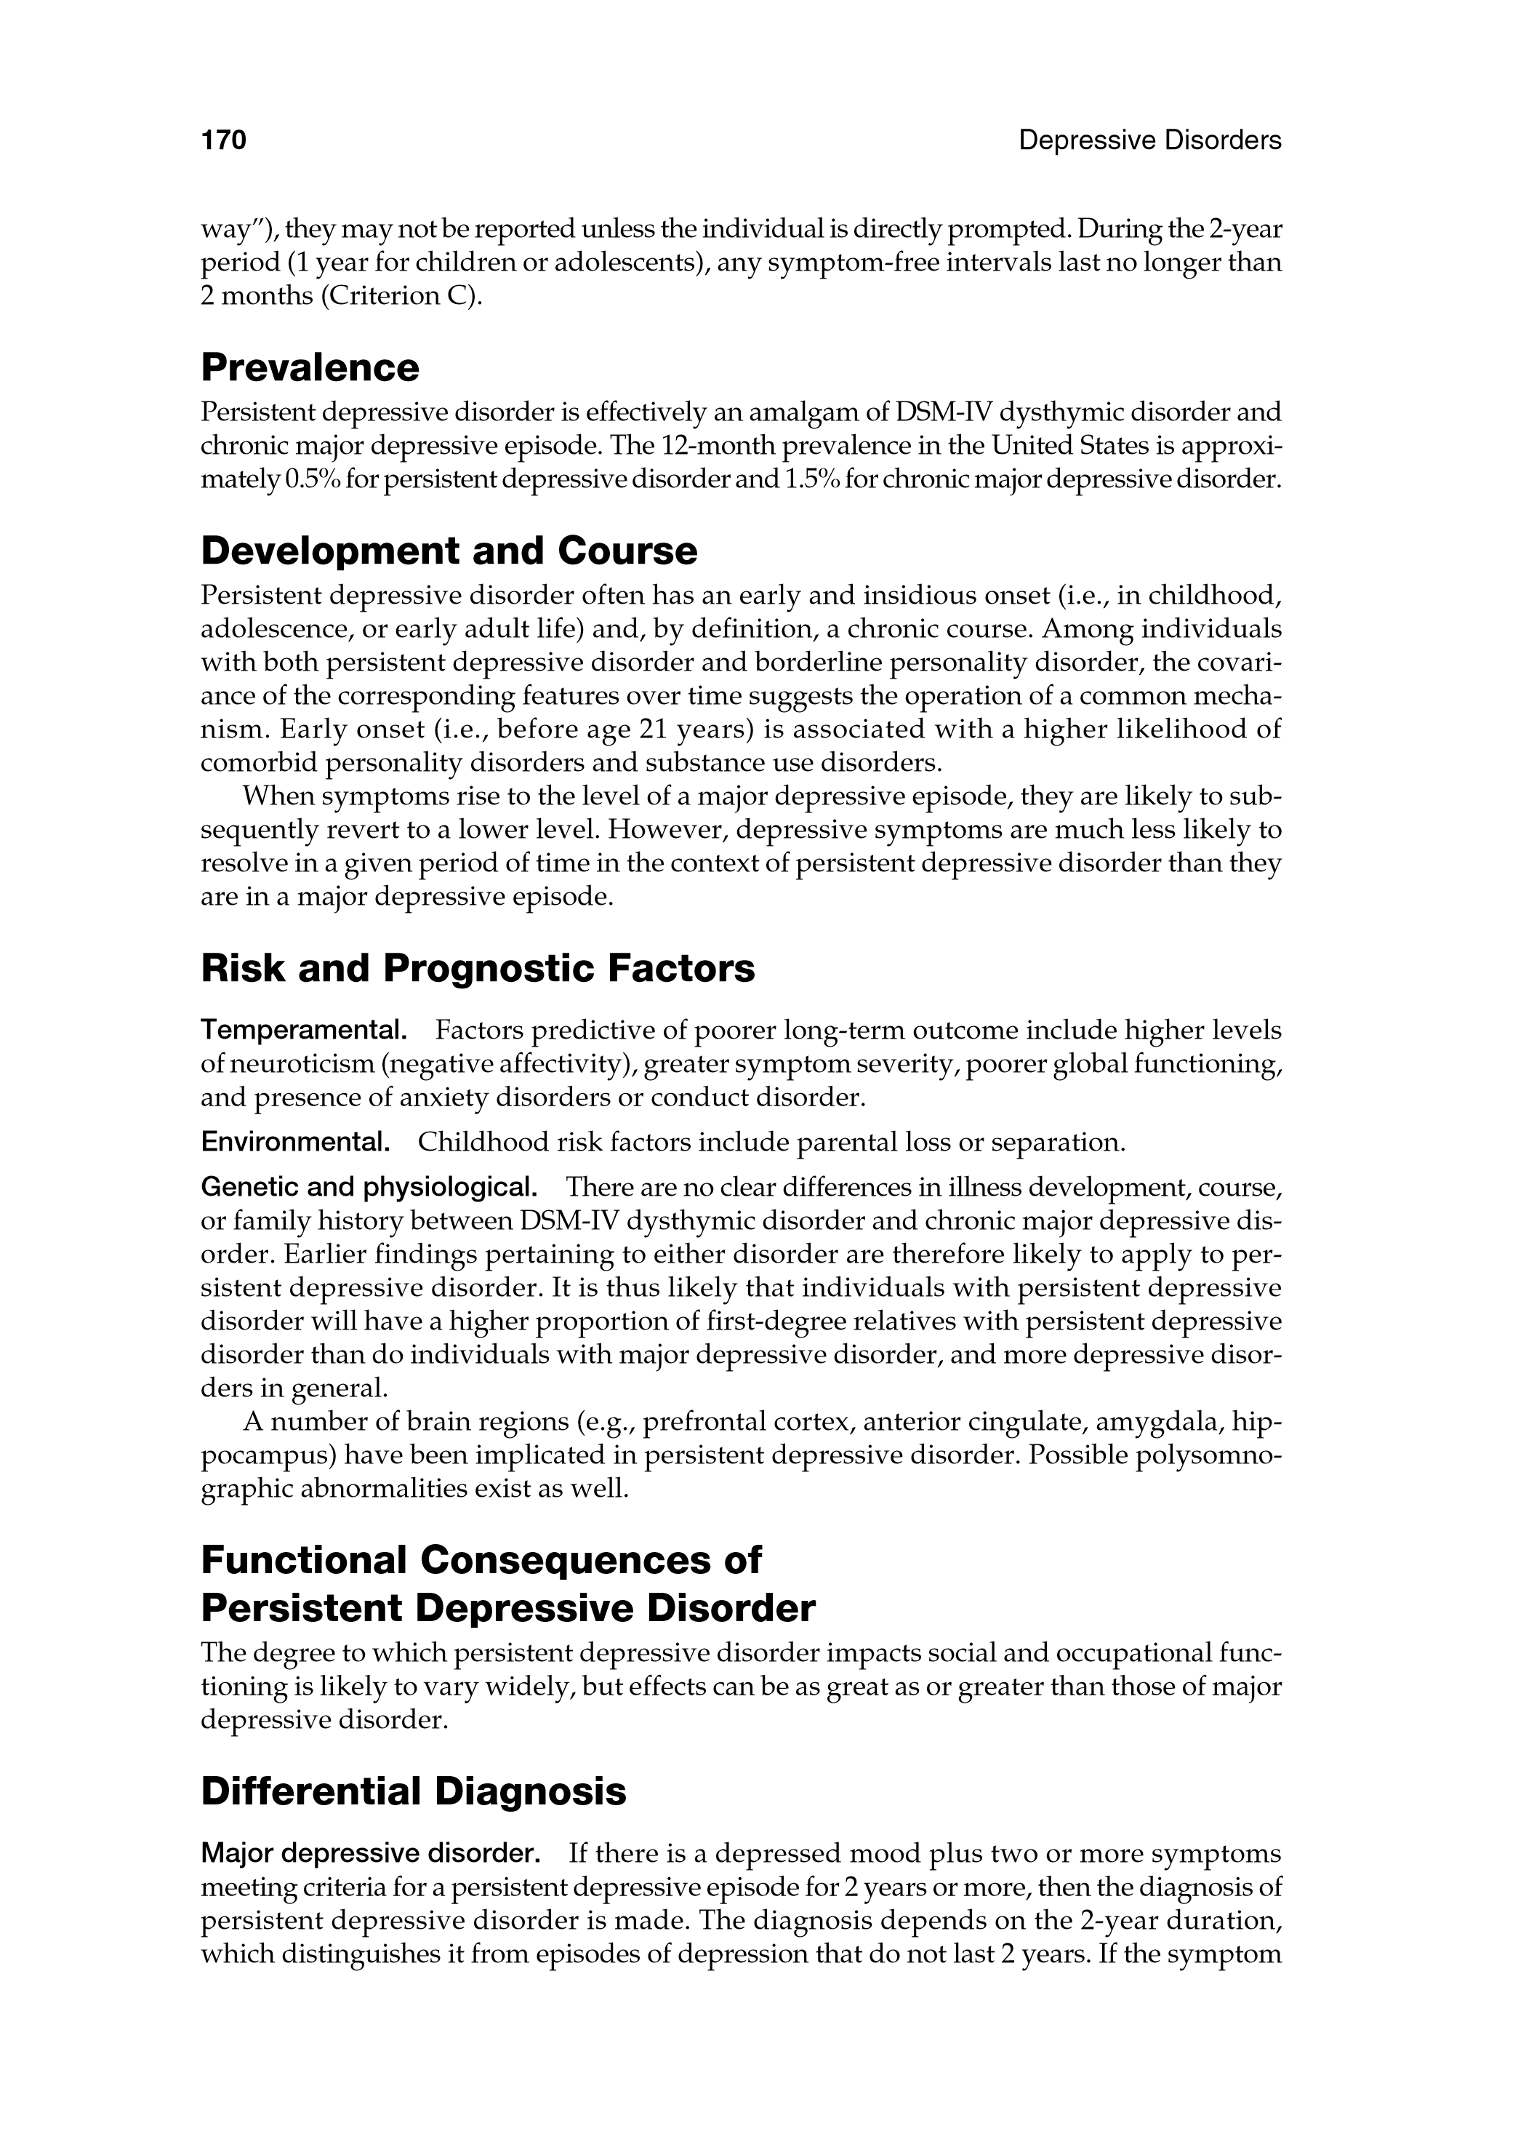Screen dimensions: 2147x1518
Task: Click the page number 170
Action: (223, 140)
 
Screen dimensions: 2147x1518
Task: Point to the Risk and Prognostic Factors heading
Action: (478, 968)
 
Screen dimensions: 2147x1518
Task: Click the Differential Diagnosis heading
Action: (413, 1791)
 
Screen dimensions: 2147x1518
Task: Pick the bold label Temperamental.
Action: (304, 1031)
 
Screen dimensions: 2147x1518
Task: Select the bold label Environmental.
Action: (295, 1143)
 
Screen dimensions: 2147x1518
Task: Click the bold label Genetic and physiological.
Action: (369, 1188)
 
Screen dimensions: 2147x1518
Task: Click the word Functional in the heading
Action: (304, 1560)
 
